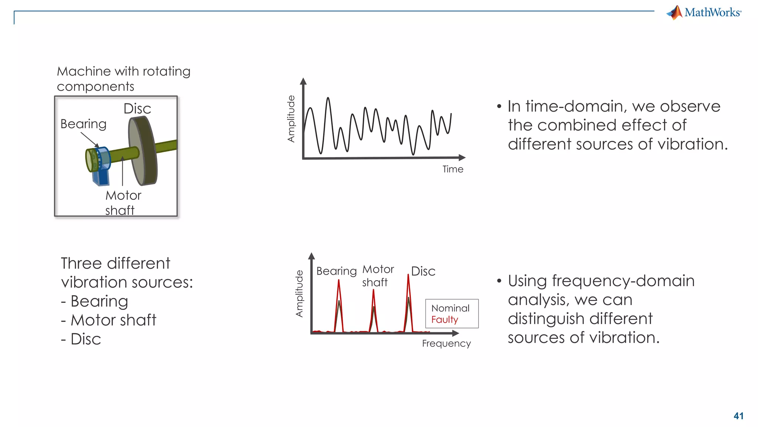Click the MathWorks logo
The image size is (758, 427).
pos(704,12)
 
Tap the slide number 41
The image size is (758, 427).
pos(738,416)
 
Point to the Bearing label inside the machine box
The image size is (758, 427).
pos(83,124)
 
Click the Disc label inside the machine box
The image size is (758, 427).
pos(137,109)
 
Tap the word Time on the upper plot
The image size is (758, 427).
pos(453,169)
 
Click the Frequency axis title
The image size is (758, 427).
pos(446,344)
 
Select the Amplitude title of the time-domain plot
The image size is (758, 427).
pos(291,119)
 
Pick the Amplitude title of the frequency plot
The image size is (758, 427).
pos(299,294)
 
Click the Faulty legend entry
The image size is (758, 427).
pos(445,320)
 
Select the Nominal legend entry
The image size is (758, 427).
pos(450,308)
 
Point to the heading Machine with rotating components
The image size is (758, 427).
pos(123,79)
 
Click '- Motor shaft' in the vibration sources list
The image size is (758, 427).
pos(109,320)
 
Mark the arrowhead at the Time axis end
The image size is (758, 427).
pos(462,158)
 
